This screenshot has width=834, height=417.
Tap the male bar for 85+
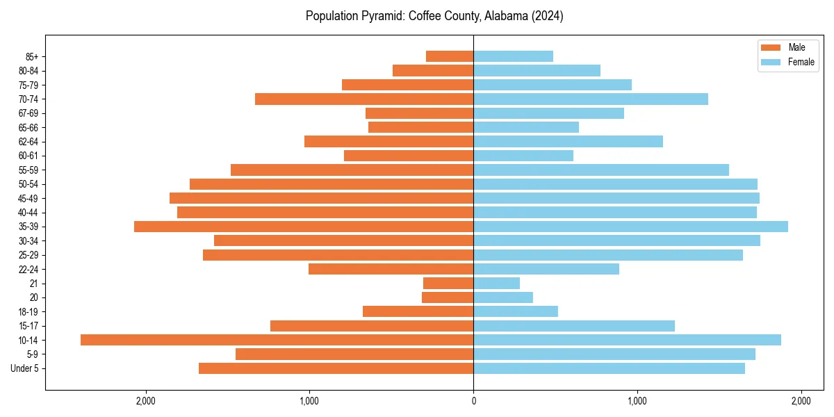coord(450,56)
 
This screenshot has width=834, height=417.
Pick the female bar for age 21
coord(496,284)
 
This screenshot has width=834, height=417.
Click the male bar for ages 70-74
coord(364,99)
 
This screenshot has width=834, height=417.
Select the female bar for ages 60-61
coord(523,156)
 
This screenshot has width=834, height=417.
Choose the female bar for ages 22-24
coord(546,269)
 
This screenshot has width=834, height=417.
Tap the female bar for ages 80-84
coord(537,70)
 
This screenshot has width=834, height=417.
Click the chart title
coord(434,16)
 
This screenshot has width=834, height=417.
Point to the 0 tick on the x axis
coord(473,402)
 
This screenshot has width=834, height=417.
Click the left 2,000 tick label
coord(146,402)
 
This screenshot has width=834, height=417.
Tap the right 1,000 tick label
coord(637,402)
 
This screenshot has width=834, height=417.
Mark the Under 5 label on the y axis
coord(25,368)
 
